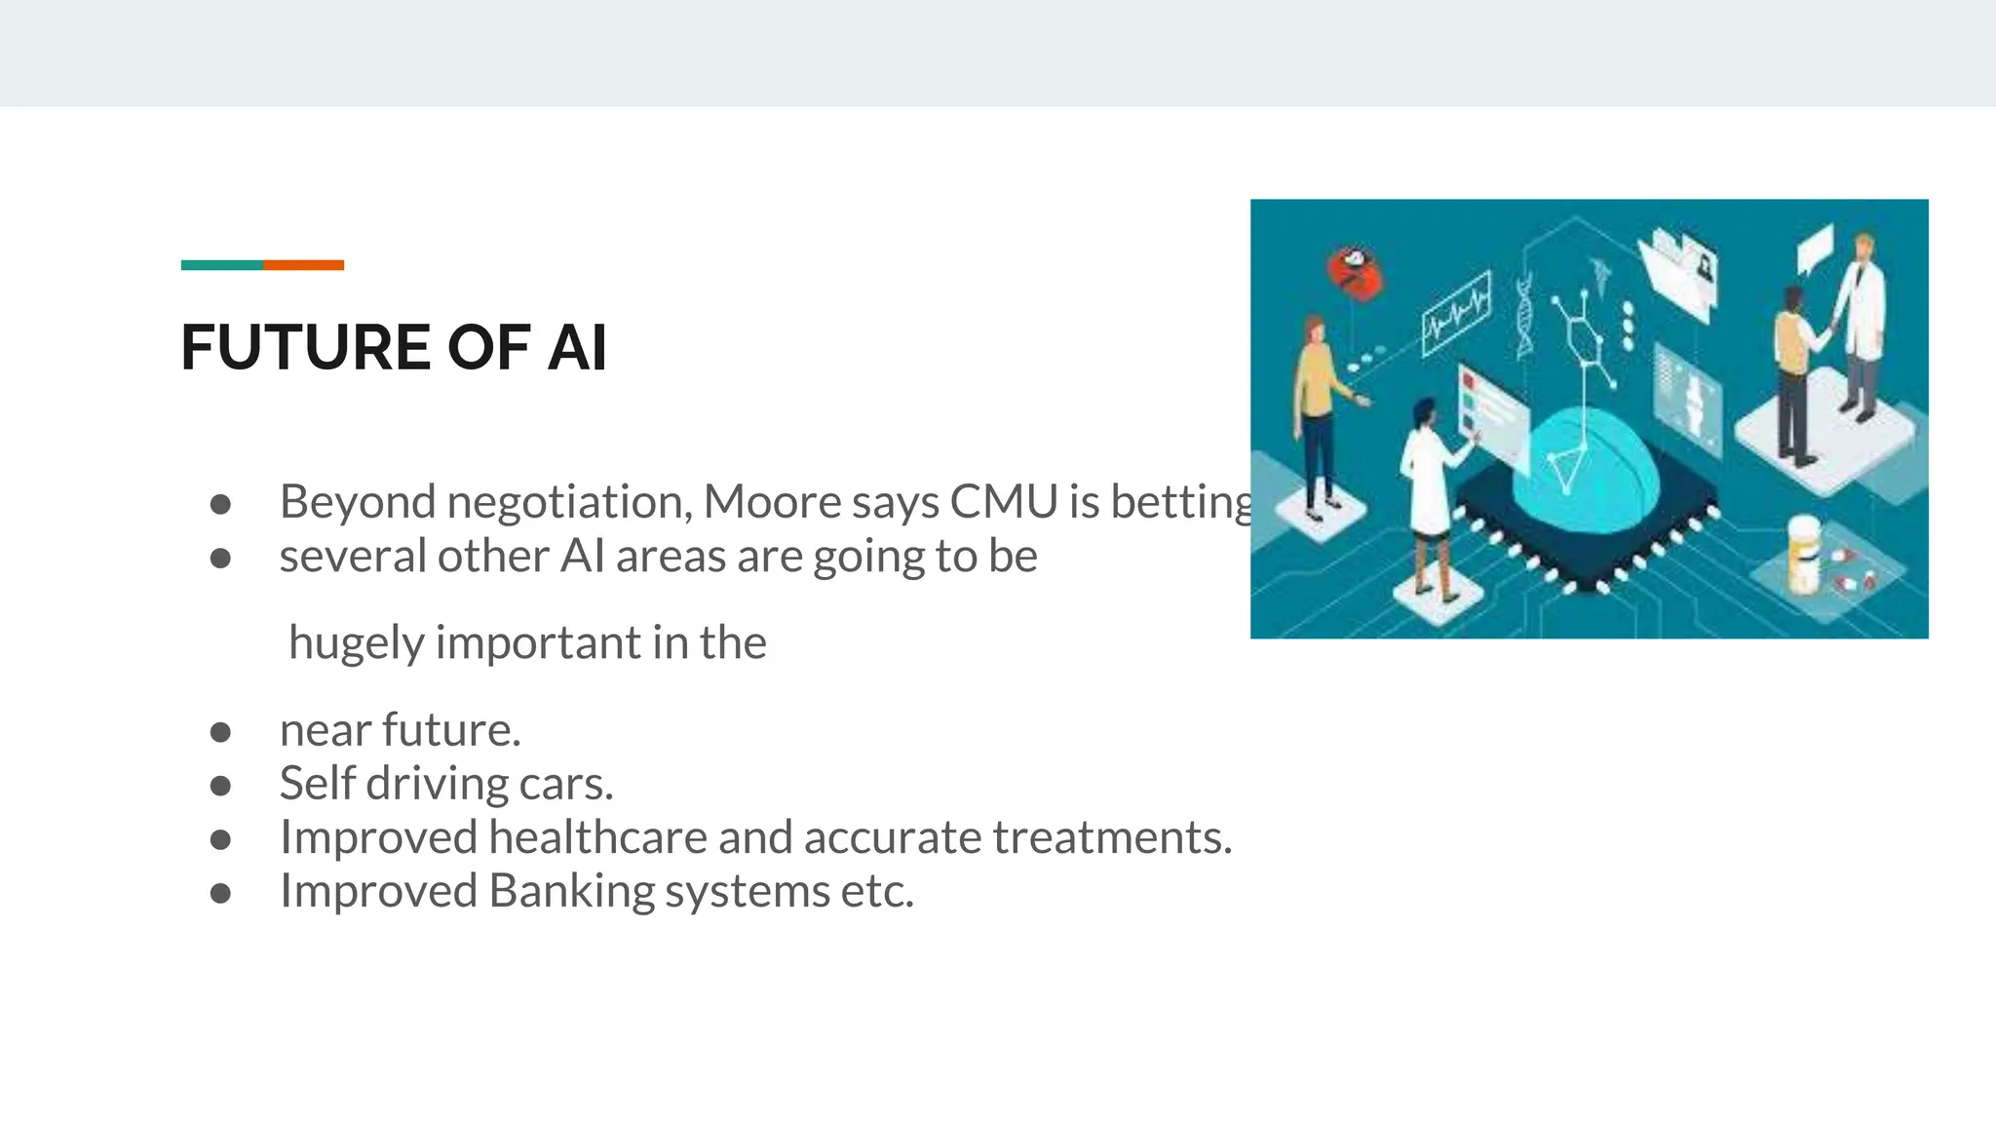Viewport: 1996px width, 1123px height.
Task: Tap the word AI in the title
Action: (x=577, y=348)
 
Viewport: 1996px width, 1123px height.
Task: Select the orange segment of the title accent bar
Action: (x=303, y=265)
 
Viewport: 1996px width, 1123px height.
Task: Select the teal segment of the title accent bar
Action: (x=221, y=265)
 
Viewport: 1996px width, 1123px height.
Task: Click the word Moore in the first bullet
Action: (x=771, y=502)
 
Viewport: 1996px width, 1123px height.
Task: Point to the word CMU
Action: (x=1004, y=502)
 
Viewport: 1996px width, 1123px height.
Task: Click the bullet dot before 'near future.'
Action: (x=220, y=732)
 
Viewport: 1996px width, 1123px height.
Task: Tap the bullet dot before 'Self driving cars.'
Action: (x=220, y=786)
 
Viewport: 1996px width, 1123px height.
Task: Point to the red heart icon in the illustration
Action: (x=1354, y=272)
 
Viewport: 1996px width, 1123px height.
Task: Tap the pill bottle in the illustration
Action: (x=1804, y=556)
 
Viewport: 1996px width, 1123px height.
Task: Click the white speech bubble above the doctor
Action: (x=1815, y=248)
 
